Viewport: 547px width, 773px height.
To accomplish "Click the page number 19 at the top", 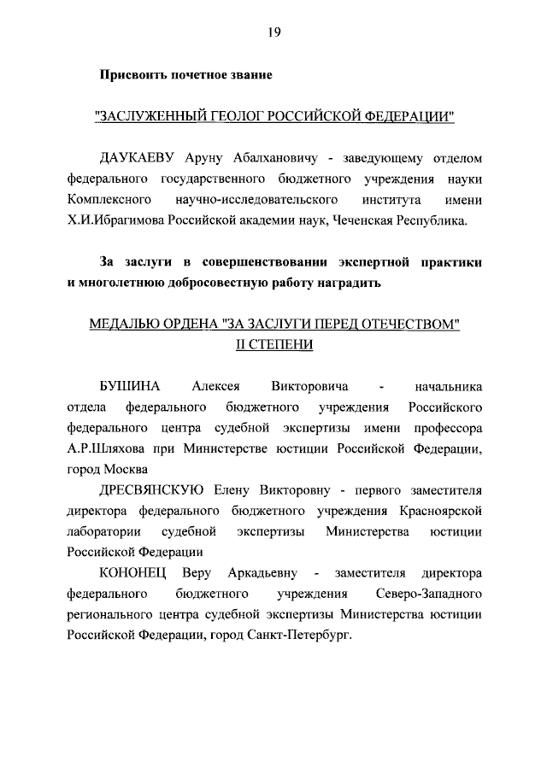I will tap(273, 32).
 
